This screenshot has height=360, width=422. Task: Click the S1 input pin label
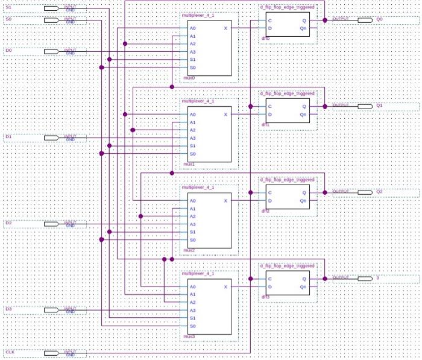click(x=8, y=7)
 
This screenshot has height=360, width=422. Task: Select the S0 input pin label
click(x=8, y=19)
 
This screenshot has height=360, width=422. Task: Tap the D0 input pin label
click(x=8, y=51)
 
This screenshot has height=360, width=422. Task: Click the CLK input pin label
click(x=10, y=352)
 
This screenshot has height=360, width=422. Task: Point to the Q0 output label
click(x=379, y=19)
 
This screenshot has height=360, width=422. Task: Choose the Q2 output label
click(x=379, y=192)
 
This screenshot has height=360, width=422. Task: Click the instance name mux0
click(x=188, y=77)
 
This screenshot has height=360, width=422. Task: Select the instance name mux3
click(x=188, y=336)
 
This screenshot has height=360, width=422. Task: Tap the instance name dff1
click(x=265, y=124)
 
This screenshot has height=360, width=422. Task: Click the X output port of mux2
click(x=226, y=201)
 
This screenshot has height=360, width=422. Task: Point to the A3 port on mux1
click(x=192, y=138)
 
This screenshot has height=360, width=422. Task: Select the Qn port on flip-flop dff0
click(x=304, y=28)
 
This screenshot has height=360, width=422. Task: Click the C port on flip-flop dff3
click(x=270, y=279)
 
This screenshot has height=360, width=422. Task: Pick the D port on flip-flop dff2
click(x=270, y=201)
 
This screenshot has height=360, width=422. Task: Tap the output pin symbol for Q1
click(x=365, y=106)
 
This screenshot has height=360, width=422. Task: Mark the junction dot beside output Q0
click(x=325, y=20)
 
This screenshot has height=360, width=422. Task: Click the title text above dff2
click(x=287, y=180)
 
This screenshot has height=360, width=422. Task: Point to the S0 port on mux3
click(x=192, y=326)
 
